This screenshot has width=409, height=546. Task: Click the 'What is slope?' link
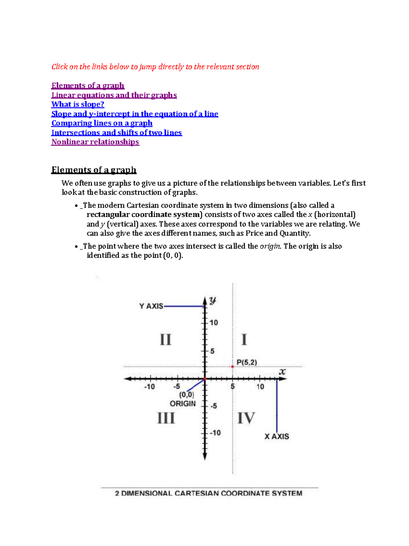pos(78,104)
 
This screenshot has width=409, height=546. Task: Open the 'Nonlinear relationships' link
pos(95,142)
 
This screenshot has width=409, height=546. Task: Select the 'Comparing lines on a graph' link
pos(102,123)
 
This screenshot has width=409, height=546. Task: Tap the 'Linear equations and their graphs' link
pos(114,95)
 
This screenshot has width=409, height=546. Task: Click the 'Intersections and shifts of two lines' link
pos(117,133)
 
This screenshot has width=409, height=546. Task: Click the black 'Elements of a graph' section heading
pos(94,170)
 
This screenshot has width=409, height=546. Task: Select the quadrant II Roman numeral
pos(166,340)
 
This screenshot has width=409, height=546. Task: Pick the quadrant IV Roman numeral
pos(246,418)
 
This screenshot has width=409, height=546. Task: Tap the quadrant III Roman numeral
pos(166,418)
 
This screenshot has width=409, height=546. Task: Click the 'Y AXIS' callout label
pos(151,306)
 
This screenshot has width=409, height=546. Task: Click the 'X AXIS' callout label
pos(277,436)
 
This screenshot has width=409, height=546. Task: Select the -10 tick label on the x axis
pos(149,387)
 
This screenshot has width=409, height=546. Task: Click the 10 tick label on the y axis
pos(214,322)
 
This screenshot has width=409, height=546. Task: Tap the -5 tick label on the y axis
pos(213,406)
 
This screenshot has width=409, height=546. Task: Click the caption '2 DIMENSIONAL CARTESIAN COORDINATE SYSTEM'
pos(209,493)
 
